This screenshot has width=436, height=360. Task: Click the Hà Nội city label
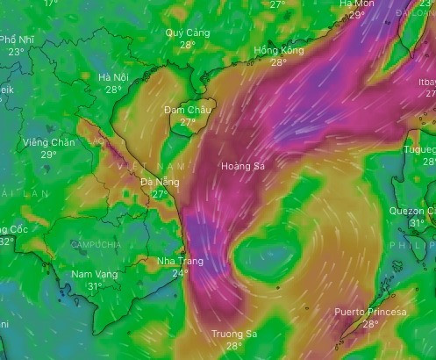(x=114, y=77)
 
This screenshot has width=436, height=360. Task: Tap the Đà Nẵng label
(x=160, y=182)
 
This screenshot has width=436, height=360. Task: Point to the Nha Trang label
(x=179, y=262)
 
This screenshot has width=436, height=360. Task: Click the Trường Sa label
(x=234, y=335)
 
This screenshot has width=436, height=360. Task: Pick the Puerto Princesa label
(x=370, y=313)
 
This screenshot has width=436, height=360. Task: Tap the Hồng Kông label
(x=278, y=51)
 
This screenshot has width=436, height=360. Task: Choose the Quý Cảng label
(x=188, y=32)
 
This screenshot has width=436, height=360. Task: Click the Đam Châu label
(x=188, y=110)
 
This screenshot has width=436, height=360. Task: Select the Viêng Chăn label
(x=49, y=142)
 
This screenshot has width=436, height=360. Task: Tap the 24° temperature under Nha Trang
(x=180, y=273)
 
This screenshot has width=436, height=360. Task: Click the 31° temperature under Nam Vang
(x=94, y=286)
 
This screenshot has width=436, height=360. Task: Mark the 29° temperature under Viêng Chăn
(x=49, y=155)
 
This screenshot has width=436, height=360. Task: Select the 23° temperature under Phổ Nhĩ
(x=17, y=52)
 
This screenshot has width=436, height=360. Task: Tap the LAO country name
(x=96, y=140)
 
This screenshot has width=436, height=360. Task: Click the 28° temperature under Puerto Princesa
(x=370, y=324)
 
